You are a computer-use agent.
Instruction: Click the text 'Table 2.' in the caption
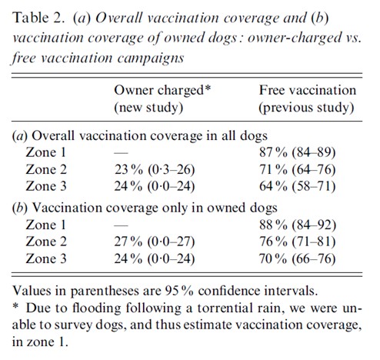click(38, 18)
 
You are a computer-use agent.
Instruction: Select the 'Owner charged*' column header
click(162, 91)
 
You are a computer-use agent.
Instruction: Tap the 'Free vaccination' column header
click(308, 90)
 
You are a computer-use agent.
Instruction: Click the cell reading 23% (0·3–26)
click(155, 170)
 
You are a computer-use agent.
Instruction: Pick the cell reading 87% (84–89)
click(297, 152)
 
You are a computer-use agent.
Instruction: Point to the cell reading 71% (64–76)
click(297, 170)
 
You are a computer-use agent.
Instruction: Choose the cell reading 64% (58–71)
click(297, 186)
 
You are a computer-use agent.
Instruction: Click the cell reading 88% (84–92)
click(298, 225)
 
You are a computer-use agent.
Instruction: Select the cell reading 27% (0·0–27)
click(155, 242)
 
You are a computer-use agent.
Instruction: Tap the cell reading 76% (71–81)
click(297, 242)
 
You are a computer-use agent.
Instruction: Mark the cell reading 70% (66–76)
click(297, 258)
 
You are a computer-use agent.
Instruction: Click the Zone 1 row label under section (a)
click(46, 152)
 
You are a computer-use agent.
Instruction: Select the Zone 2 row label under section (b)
click(46, 242)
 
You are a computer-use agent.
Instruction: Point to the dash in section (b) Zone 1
click(121, 226)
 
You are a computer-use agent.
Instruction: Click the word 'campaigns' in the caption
click(151, 58)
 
